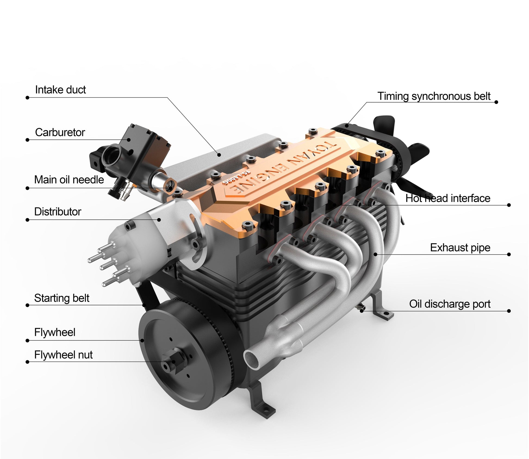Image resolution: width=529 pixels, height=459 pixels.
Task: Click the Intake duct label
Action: [x=60, y=90]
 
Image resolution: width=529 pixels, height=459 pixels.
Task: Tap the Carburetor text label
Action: [x=60, y=132]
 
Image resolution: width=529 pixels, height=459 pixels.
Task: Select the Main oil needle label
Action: [x=69, y=180]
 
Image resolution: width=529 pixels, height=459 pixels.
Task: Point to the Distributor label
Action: [x=58, y=212]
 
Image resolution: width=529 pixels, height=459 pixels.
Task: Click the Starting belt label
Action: [x=62, y=298]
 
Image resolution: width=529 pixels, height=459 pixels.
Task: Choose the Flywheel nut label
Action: [x=63, y=355]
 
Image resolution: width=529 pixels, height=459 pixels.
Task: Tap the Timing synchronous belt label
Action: [x=434, y=96]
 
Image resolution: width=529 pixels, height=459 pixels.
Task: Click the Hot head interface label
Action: [x=448, y=198]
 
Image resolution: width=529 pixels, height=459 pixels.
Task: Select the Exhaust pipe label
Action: [x=460, y=248]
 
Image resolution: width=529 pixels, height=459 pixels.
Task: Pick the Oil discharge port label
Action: [x=450, y=304]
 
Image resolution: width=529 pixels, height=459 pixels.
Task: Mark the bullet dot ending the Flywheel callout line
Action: [x=27, y=340]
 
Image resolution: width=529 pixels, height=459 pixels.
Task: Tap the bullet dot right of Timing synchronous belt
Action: [x=496, y=102]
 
